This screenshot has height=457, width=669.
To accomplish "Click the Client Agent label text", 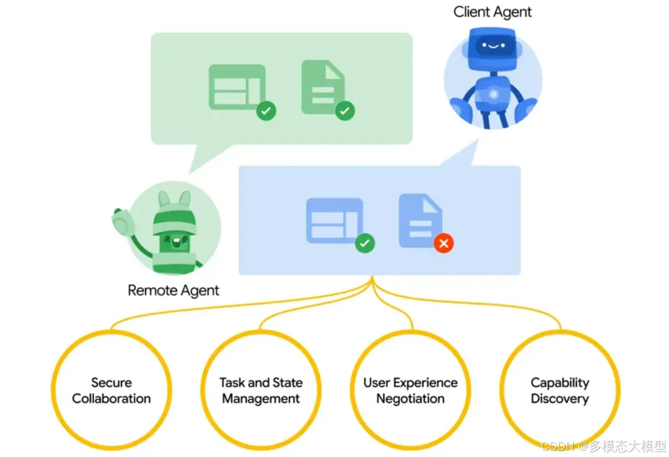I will tap(492, 12).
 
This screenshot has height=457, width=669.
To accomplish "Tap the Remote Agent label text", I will tap(173, 290).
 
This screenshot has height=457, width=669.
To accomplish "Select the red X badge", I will tap(444, 243).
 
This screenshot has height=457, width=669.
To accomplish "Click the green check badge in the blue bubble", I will tap(365, 243).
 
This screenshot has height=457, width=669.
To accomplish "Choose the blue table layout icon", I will tap(334, 220).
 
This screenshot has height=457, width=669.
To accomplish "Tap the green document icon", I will tap(322, 87).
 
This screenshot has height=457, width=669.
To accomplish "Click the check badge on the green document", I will tap(345, 111).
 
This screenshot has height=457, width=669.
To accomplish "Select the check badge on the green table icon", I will tap(266, 111).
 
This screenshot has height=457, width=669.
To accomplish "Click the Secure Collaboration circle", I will tap(111, 390).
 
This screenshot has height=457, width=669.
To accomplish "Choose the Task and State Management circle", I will tap(261, 390).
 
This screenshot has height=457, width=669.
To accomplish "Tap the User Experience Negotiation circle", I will tap(410, 390).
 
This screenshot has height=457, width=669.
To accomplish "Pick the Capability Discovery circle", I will tap(559, 390).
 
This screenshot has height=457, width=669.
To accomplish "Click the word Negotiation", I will tap(410, 399).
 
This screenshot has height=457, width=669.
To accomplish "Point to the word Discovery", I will tap(559, 399).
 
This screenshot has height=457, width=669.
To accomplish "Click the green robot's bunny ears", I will tap(174, 199).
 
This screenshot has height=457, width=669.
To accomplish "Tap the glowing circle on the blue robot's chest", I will tap(493, 94).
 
